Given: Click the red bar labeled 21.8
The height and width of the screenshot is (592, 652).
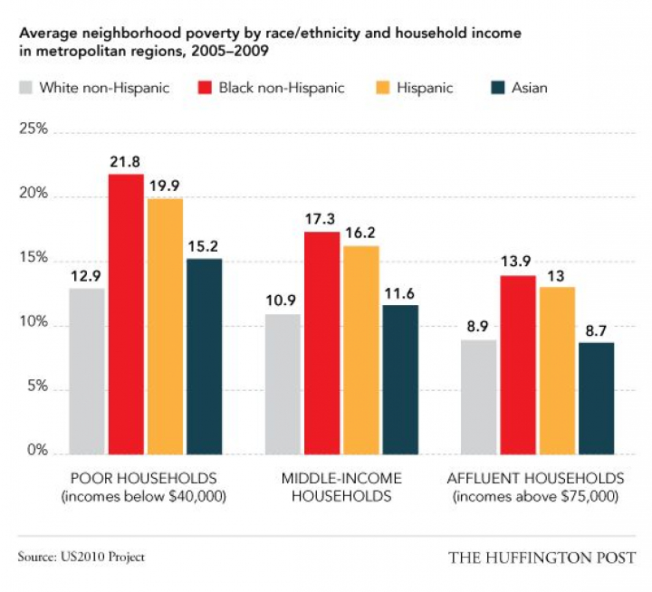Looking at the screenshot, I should point(126,313).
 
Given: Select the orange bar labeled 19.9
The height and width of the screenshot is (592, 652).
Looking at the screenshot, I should point(165,325).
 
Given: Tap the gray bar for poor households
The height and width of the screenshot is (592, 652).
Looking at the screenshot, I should point(86,370).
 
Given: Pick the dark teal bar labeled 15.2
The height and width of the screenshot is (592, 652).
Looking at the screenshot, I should point(204,356).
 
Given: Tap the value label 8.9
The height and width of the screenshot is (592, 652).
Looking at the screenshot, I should point(479,328).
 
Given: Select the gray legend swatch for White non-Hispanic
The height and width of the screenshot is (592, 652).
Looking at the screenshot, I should point(25,88).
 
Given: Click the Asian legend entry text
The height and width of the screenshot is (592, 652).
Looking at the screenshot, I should point(529,88).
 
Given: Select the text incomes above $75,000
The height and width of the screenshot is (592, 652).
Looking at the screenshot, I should point(537,496).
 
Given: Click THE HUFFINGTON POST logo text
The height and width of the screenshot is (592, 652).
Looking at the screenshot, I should point(542,557).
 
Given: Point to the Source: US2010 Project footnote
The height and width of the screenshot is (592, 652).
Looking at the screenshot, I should point(81,557).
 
